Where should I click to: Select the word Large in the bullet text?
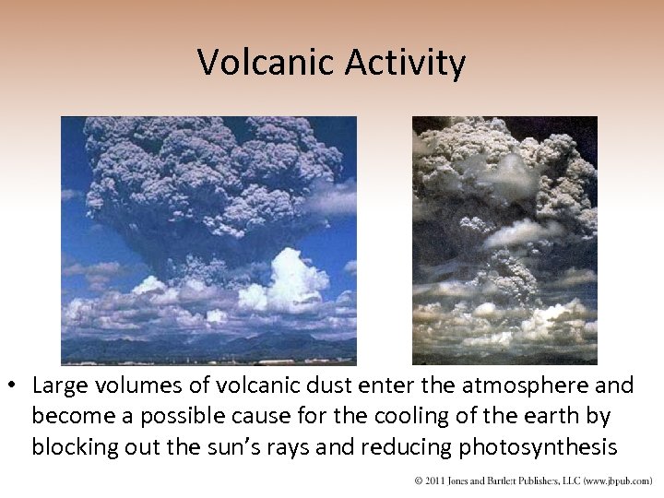click(61, 385)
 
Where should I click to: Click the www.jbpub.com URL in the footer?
click(616, 481)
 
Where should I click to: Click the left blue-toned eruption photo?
click(208, 240)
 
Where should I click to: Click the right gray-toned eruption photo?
click(504, 240)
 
